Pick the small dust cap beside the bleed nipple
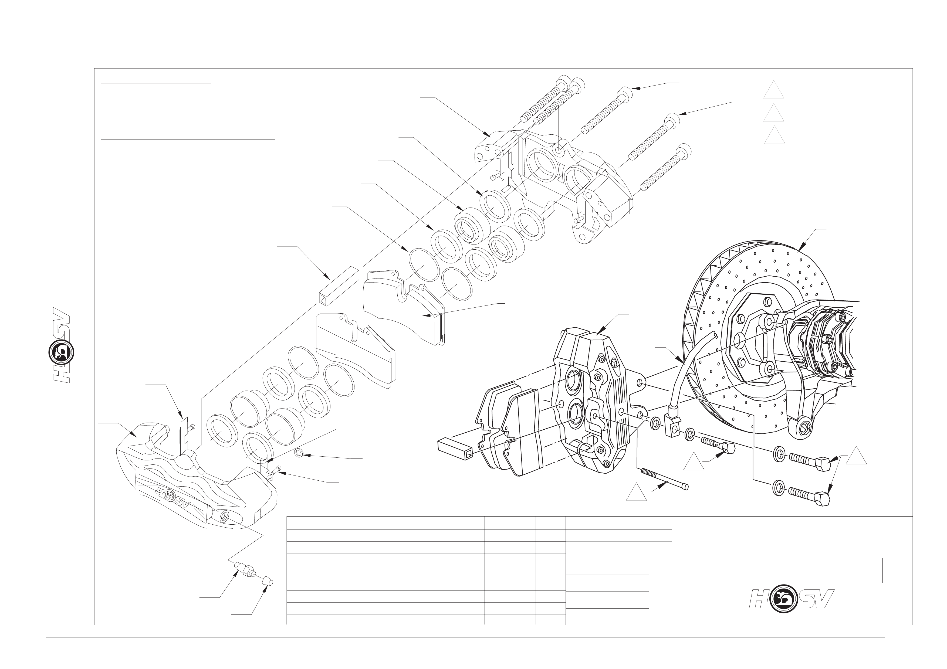pyautogui.click(x=268, y=581)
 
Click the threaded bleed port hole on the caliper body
pyautogui.click(x=225, y=515)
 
